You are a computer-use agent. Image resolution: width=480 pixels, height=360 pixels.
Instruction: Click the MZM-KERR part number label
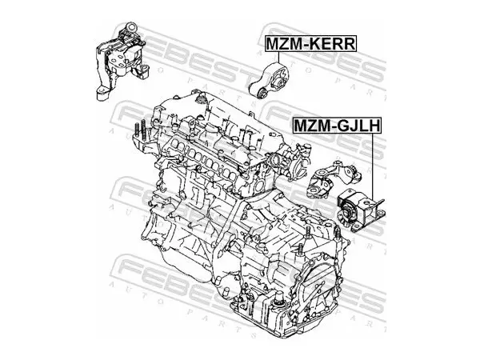tap(310, 43)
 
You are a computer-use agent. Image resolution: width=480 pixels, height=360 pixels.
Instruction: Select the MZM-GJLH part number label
tap(337, 126)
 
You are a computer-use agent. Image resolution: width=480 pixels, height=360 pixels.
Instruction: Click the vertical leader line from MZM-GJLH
tap(373, 166)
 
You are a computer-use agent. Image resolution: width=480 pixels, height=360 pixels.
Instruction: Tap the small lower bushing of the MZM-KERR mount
tap(263, 93)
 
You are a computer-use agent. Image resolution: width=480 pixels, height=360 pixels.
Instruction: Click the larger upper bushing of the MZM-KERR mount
tap(281, 82)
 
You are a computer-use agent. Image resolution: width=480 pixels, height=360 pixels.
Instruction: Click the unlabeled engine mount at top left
tap(120, 61)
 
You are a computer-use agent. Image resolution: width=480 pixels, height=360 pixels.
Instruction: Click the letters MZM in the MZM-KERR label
tap(282, 43)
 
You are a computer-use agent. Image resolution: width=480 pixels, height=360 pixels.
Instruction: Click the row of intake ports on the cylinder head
tap(199, 160)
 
